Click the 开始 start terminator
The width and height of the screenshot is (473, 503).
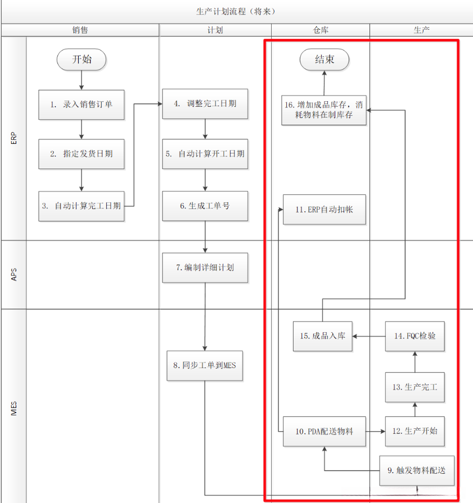click(82, 59)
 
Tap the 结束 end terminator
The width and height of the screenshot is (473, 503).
click(324, 59)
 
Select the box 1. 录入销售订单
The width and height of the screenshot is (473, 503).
click(82, 105)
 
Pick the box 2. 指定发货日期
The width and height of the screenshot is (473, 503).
click(82, 153)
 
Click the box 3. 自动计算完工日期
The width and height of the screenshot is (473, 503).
click(82, 206)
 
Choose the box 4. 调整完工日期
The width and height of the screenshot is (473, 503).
click(205, 103)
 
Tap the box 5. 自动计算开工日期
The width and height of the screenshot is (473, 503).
click(205, 153)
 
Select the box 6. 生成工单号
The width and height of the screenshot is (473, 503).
click(205, 206)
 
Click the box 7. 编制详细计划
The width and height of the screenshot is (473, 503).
click(205, 268)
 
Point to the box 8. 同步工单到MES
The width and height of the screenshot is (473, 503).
click(205, 365)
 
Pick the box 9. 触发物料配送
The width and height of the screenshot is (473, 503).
click(417, 470)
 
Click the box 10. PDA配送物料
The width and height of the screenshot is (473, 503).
click(325, 431)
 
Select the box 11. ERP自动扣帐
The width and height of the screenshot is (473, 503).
click(325, 210)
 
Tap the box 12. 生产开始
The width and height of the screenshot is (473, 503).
click(415, 431)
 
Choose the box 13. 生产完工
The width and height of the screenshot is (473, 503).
click(415, 387)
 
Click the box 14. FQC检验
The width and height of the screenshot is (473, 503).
click(415, 336)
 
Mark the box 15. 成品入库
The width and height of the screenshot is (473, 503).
click(323, 336)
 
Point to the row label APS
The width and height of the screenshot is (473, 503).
click(14, 274)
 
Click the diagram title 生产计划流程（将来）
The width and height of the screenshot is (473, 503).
click(236, 11)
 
